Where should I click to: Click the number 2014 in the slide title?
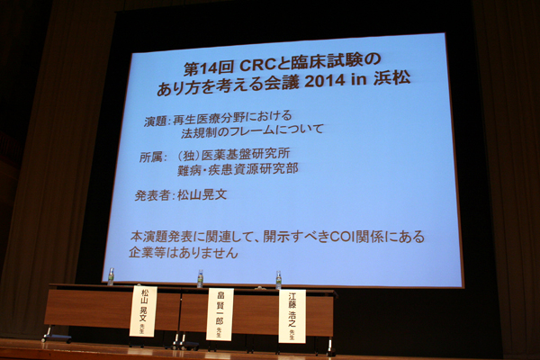tap(325, 81)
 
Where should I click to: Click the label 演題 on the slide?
tap(155, 121)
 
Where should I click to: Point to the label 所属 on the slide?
tap(151, 157)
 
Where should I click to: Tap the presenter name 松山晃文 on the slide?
tap(202, 194)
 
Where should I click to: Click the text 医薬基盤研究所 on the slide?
tap(246, 154)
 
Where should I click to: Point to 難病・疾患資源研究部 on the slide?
tap(238, 169)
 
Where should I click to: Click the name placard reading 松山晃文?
tap(143, 311)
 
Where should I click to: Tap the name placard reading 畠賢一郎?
tap(220, 314)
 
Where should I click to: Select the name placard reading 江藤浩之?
tap(292, 316)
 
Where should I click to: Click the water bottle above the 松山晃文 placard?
tap(111, 276)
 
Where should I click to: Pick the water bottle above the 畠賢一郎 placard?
tap(200, 279)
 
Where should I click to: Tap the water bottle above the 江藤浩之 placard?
tap(279, 280)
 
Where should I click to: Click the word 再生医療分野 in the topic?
tap(208, 118)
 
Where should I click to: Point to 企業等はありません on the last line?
tap(184, 253)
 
